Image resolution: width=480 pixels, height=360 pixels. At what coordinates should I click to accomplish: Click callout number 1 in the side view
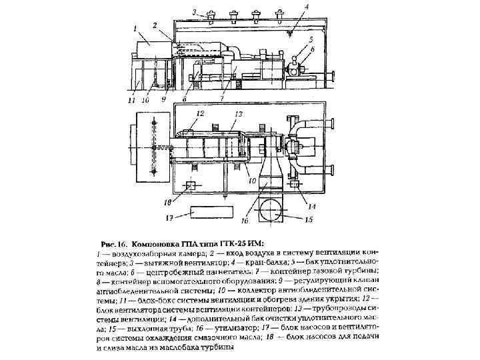pos(135,29)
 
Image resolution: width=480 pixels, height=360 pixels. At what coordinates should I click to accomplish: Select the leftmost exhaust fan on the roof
pos(211,15)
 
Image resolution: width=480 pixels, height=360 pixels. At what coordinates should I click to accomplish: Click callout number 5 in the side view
pos(310,40)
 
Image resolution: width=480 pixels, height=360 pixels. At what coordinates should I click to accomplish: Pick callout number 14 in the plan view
pos(311,207)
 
